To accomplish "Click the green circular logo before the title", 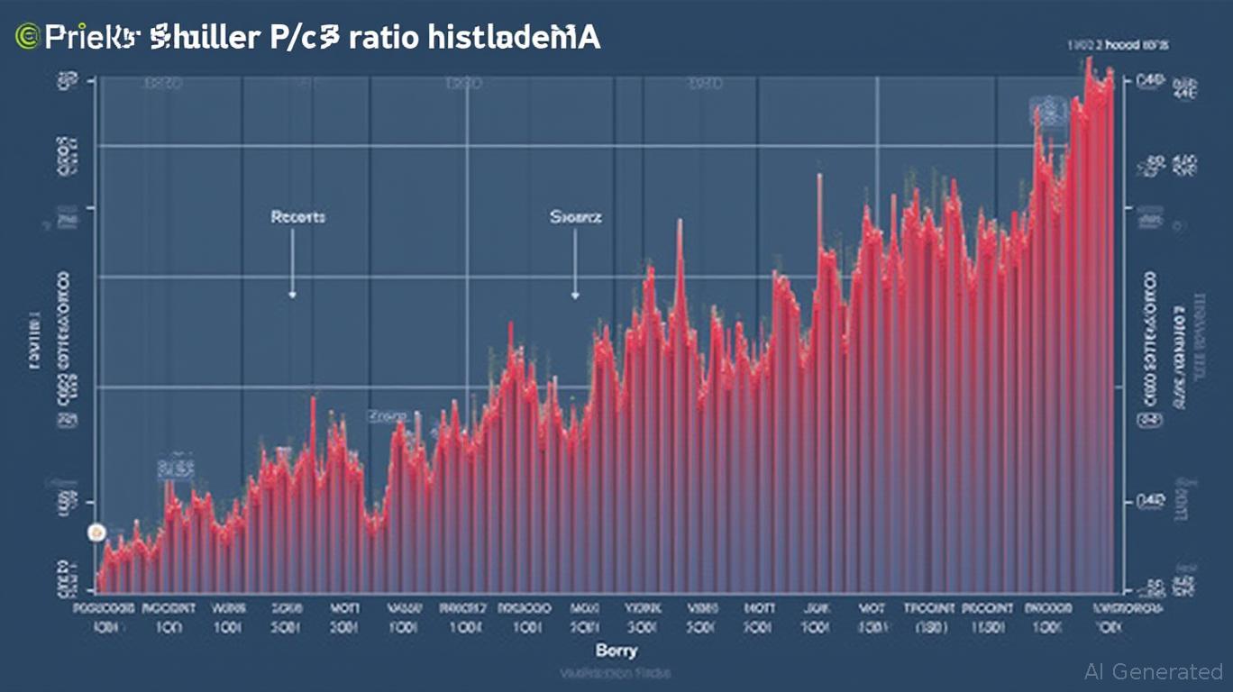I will coord(27,38).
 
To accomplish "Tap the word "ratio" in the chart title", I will coord(380,38).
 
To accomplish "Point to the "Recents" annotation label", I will coord(297,217).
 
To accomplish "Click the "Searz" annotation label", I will coord(575,217).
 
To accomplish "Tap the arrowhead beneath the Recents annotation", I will coord(292,294).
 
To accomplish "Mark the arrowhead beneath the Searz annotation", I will coord(575,294).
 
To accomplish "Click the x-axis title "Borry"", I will coord(616,650).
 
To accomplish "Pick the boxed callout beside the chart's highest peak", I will coord(1046,112).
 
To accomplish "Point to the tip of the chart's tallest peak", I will coord(1089,59).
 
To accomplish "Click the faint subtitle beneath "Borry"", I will coord(616,671).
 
